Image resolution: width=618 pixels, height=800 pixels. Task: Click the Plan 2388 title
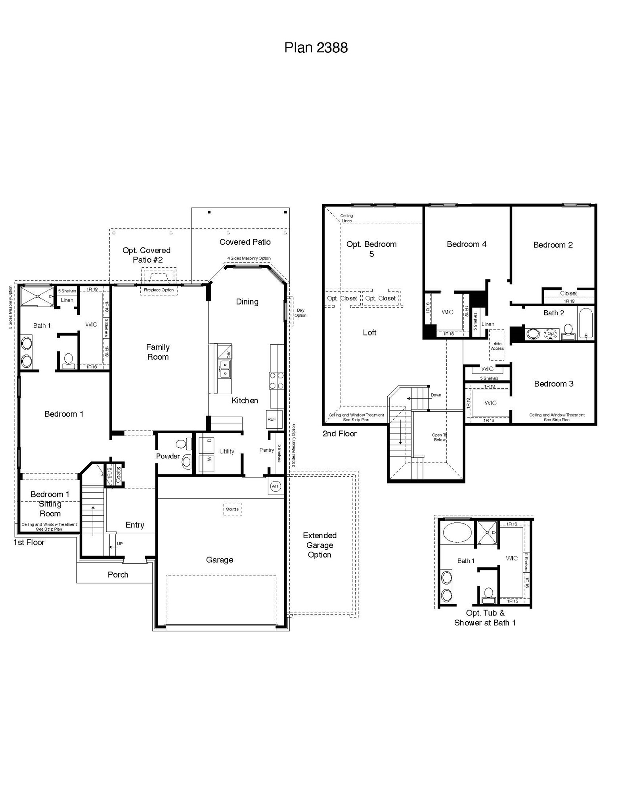pos(316,48)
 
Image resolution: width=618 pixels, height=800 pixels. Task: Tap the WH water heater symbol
pos(275,486)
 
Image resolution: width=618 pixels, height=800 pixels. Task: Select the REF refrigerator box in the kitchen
pos(272,419)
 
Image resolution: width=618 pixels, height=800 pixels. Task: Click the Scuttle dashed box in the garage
pos(232,509)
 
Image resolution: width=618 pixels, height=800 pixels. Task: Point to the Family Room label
pos(158,352)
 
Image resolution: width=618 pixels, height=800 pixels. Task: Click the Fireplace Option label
pos(159,290)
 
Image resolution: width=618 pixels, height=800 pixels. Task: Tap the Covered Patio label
pos(245,242)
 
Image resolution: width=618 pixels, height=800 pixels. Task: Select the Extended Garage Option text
pos(320,545)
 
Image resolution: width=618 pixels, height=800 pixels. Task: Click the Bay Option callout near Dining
pos(300,313)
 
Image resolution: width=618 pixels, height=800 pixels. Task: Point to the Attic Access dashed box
pos(497,345)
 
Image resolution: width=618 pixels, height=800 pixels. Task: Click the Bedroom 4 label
pos(466,244)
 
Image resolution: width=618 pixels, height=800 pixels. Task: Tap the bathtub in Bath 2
pos(585,323)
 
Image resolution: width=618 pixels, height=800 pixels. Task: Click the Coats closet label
pos(118,475)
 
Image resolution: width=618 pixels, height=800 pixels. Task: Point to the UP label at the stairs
pos(120,544)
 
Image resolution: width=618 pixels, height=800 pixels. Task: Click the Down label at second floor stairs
pos(436,395)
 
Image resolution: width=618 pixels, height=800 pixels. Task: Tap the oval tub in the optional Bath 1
pos(457,532)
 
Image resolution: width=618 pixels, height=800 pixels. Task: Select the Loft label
pos(369,333)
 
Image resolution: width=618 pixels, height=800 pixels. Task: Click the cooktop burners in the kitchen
pos(276,380)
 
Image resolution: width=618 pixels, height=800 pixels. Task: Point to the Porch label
pos(118,575)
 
